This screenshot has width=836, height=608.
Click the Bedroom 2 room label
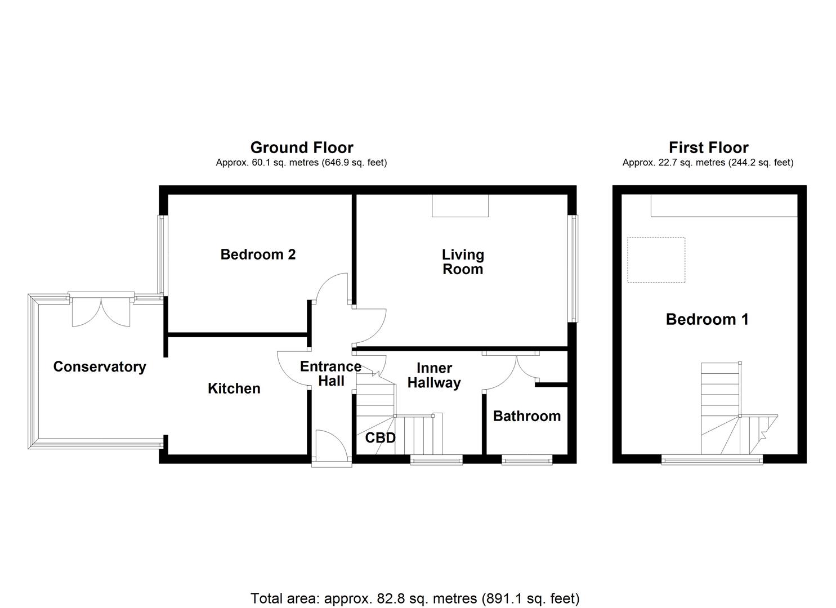pyautogui.click(x=258, y=254)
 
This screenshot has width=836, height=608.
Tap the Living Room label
pyautogui.click(x=462, y=262)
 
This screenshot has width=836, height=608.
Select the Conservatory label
pyautogui.click(x=100, y=366)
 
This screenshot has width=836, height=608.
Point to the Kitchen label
pyautogui.click(x=234, y=388)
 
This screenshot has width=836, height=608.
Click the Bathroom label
pyautogui.click(x=526, y=416)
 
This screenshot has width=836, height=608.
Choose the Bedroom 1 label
pyautogui.click(x=707, y=319)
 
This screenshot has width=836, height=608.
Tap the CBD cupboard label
pyautogui.click(x=380, y=437)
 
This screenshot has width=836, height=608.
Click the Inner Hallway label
pyautogui.click(x=434, y=375)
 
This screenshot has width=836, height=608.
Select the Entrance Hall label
pyautogui.click(x=331, y=373)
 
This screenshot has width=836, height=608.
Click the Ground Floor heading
pyautogui.click(x=302, y=147)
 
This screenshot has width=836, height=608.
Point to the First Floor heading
pyautogui.click(x=708, y=147)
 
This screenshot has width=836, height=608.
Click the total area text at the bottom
pyautogui.click(x=415, y=598)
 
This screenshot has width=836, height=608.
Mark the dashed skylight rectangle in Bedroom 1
pyautogui.click(x=656, y=260)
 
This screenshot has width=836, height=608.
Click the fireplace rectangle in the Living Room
pyautogui.click(x=460, y=205)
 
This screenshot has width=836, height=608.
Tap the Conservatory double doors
pyautogui.click(x=101, y=311)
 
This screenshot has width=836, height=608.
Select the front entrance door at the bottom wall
pyautogui.click(x=332, y=448)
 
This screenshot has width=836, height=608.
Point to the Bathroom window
pyautogui.click(x=527, y=460)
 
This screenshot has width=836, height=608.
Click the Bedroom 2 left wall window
pyautogui.click(x=162, y=255)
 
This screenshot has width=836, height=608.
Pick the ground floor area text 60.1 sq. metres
pyautogui.click(x=301, y=163)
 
